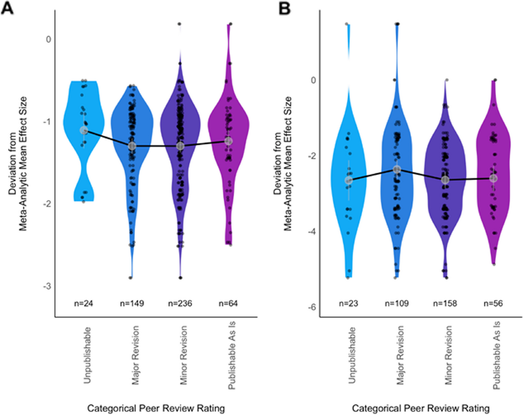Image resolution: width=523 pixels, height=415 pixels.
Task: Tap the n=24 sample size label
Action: pos(84,302)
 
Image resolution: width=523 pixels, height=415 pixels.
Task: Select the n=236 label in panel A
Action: pos(180,302)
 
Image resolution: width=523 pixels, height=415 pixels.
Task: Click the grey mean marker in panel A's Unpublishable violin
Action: pos(84,130)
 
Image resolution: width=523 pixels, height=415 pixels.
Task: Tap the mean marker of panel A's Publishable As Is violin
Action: pos(229,141)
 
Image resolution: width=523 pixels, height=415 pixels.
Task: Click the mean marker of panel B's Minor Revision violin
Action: pos(445,180)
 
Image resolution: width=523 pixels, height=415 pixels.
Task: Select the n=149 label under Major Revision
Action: pos(132,302)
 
